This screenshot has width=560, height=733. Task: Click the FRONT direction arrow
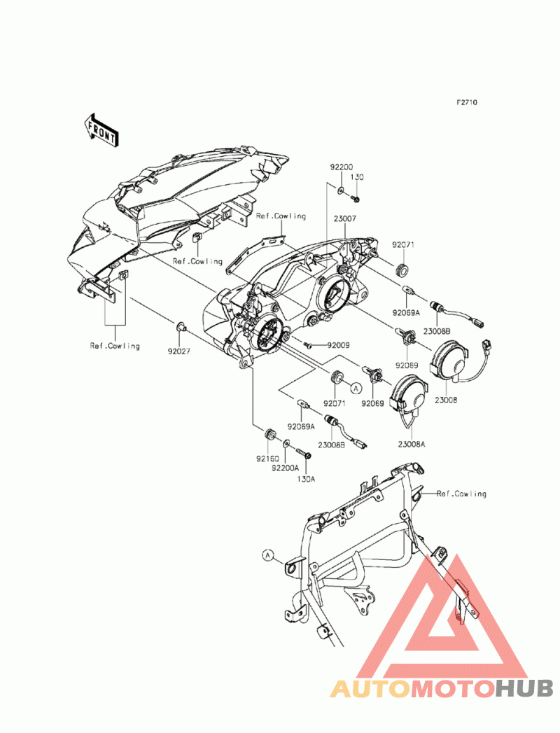click(x=101, y=130)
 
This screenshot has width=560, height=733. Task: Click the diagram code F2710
click(x=467, y=102)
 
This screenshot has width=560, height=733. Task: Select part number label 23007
click(x=345, y=218)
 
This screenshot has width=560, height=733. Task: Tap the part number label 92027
click(x=179, y=351)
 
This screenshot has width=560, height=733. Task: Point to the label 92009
click(x=338, y=345)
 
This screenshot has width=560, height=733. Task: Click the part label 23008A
click(x=412, y=445)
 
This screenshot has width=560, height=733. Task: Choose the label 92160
click(x=267, y=459)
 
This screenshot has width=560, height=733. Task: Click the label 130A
click(x=306, y=479)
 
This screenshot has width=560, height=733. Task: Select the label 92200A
click(x=284, y=468)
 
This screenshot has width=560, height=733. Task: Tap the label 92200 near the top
click(x=342, y=167)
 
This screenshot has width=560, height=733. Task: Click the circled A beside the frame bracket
click(x=268, y=555)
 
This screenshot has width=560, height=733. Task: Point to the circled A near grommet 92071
click(x=356, y=388)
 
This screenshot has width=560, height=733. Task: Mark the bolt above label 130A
click(x=303, y=452)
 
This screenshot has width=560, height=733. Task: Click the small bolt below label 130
click(x=356, y=200)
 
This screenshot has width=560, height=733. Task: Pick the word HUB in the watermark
click(x=524, y=689)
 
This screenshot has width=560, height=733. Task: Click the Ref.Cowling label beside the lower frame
click(x=461, y=494)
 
